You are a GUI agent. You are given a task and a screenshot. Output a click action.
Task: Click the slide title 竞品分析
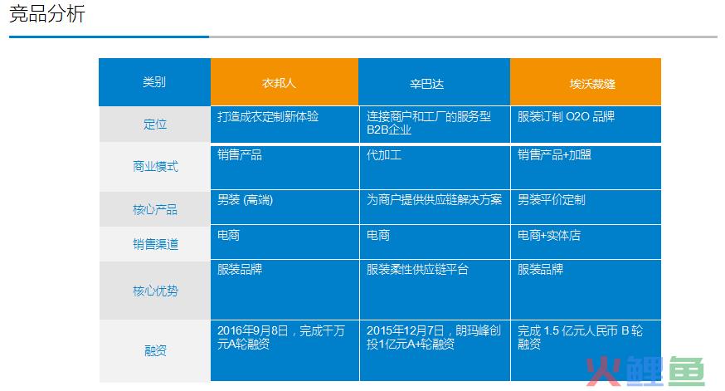coord(47,14)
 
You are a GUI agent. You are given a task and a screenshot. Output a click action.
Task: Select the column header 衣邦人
coord(279,83)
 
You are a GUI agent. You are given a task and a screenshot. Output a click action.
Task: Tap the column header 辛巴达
coord(426,84)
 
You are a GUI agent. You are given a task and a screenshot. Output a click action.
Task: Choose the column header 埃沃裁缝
coord(592,84)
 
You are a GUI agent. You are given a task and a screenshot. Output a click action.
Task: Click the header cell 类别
coord(154,82)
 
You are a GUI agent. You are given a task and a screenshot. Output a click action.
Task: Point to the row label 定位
coord(155,124)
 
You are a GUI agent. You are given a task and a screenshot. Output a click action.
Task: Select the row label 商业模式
coord(155,166)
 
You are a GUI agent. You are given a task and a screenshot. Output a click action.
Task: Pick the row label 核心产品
coord(155,210)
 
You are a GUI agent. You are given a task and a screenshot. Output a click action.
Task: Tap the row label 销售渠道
coord(155,244)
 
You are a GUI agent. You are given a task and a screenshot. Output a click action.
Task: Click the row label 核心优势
coord(155,291)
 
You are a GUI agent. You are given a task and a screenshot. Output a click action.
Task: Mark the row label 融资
coord(155,351)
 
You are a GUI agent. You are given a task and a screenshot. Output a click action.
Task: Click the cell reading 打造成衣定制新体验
coord(268,116)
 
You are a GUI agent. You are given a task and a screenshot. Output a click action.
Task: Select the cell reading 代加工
coord(384,154)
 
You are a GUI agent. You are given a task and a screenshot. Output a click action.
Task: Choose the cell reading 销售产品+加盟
coord(554,154)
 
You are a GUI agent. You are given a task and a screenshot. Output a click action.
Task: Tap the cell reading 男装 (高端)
coord(245,200)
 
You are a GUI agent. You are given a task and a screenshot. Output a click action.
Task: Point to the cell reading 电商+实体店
coord(549,235)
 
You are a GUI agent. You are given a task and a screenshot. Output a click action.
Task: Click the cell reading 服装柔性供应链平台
coord(417,269)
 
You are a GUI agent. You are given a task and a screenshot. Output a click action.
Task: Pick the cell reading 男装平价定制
coord(551,199)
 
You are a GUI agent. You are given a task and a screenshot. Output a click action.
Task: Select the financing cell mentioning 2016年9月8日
coord(281,337)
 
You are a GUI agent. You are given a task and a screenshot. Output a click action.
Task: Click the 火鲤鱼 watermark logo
coord(645,370)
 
